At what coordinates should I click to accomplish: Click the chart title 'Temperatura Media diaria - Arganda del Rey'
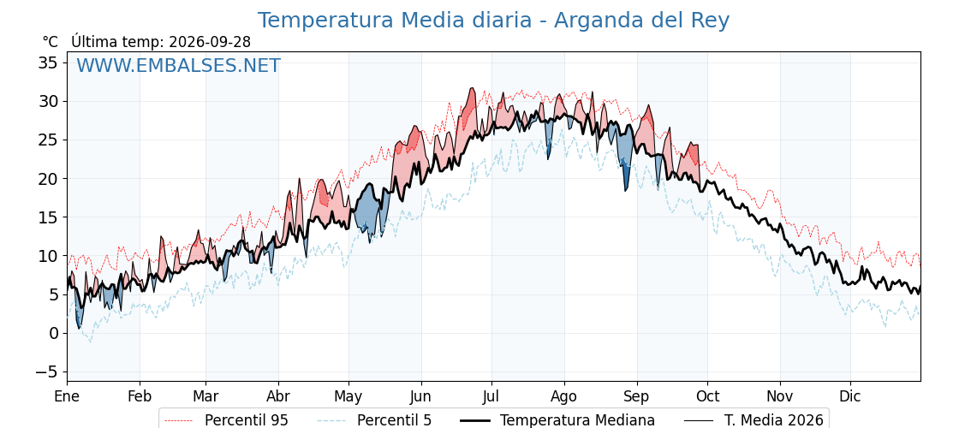(x=493, y=21)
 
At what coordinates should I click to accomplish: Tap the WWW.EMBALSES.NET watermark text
(x=178, y=65)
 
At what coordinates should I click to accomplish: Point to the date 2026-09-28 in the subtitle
(x=210, y=42)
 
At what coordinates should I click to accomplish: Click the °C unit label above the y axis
(x=51, y=42)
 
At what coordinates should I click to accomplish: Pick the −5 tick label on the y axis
(x=45, y=372)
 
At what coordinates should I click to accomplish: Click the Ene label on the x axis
(x=67, y=396)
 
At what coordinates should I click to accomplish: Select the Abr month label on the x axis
(x=278, y=396)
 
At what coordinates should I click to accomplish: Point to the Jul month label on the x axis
(x=491, y=396)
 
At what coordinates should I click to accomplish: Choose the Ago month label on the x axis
(x=564, y=397)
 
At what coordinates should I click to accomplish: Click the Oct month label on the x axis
(x=707, y=396)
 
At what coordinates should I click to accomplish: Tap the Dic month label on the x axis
(x=850, y=396)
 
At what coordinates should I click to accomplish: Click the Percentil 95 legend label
(x=247, y=420)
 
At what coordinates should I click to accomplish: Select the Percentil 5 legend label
(x=395, y=420)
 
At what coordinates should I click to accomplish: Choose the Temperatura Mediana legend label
(x=577, y=420)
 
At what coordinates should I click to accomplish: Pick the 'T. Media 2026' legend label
(x=774, y=420)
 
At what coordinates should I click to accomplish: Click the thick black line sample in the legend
(x=474, y=420)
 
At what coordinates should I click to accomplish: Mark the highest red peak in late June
(x=472, y=89)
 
